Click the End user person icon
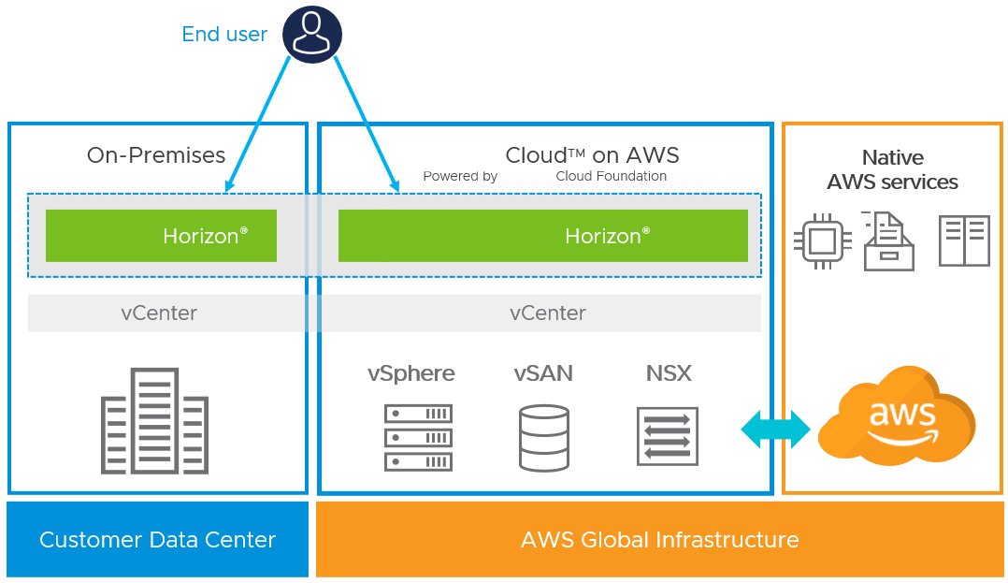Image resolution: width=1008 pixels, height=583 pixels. coord(312,35)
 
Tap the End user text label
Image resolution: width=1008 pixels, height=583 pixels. coord(224,35)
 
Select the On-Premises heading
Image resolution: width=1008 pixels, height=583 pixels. coord(156,155)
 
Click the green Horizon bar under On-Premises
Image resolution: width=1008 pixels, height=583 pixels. coord(161,236)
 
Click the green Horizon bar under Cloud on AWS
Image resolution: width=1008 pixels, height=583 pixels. coord(542,236)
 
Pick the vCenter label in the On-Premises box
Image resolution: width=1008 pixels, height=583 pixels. coord(159,313)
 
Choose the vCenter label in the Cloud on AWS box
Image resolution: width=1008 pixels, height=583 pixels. coord(548,313)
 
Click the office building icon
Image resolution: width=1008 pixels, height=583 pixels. coord(155,421)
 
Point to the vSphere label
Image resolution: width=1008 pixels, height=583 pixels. coord(411,373)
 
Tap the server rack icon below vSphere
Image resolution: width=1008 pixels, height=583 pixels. coord(419,436)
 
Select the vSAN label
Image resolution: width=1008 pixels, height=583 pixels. coord(543,373)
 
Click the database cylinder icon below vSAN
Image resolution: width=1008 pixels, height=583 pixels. coord(543,437)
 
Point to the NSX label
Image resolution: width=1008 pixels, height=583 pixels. coord(669,373)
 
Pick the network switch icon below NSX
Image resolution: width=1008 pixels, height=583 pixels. coord(668,436)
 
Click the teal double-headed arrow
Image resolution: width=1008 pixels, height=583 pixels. coord(776,430)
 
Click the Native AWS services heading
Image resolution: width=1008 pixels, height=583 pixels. coord(892,169)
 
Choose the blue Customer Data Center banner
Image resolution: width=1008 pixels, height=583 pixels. coord(157,540)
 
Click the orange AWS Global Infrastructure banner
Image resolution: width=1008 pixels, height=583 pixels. coord(659,540)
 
